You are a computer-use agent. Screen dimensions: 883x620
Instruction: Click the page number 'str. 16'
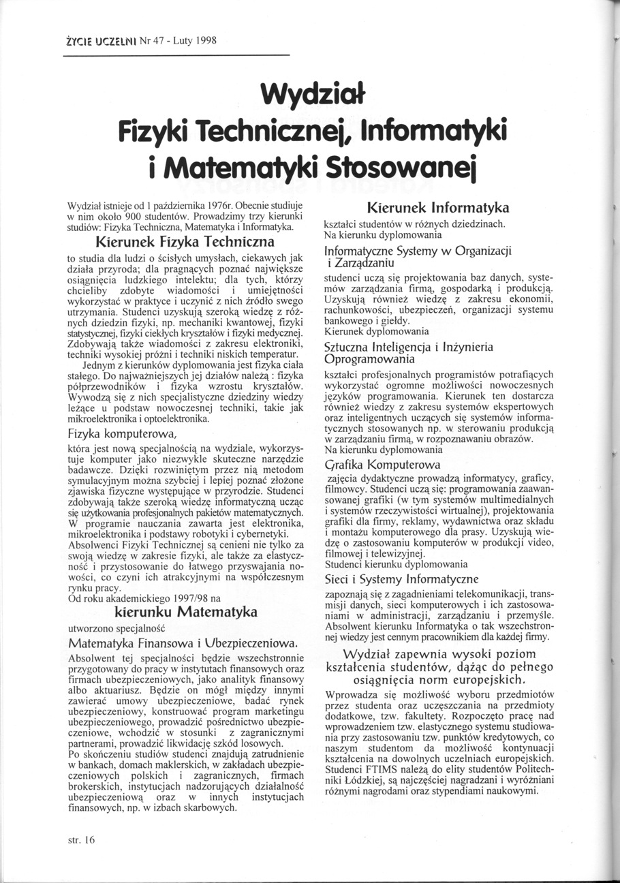coord(81,840)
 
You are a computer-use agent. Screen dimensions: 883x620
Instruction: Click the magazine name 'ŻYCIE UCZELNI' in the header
coord(99,40)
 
